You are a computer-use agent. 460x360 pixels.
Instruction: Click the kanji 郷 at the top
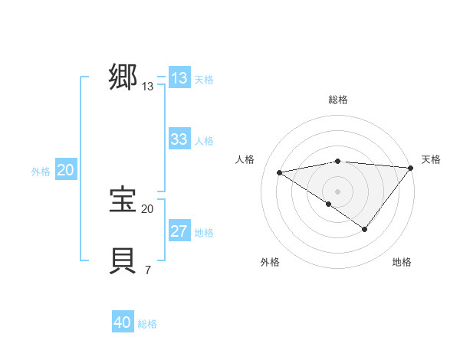point(123,77)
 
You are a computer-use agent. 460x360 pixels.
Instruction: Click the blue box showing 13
point(179,78)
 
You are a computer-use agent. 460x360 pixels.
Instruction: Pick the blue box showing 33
point(179,139)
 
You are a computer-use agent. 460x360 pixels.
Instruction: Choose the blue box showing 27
point(179,231)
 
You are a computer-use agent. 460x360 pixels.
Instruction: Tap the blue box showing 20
point(65,171)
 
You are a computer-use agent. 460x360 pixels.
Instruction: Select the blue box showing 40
point(123,322)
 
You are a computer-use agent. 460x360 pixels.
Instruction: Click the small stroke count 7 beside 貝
point(147,270)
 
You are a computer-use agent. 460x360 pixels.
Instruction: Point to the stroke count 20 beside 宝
point(147,208)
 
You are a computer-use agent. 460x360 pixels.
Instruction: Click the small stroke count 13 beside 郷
point(147,87)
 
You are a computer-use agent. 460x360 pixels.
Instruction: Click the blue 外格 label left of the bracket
point(41,172)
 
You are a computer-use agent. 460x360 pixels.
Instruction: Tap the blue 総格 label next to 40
point(147,324)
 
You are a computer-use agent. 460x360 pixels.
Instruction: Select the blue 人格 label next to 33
point(204,141)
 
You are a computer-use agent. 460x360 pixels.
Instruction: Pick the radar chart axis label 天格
point(431,159)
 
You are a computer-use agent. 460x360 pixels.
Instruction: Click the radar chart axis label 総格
point(338,100)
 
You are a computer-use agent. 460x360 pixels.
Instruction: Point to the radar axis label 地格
point(402,263)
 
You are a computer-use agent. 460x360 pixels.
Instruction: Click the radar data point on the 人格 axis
point(279,172)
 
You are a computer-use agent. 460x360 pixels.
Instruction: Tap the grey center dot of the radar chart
point(337,191)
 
